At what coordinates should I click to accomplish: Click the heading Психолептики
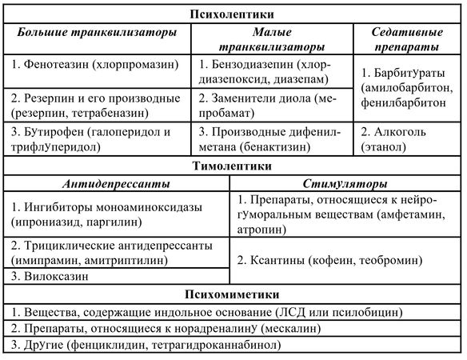[233, 14]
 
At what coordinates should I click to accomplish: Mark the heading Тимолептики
[233, 166]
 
